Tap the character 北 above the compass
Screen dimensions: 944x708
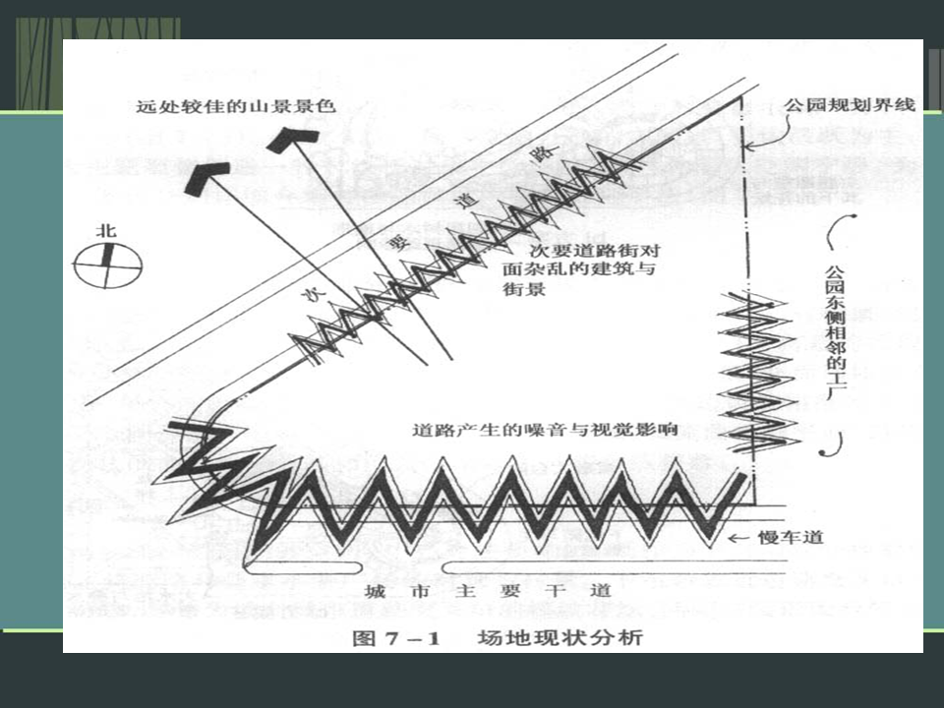pos(105,231)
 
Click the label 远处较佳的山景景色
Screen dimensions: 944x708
pos(236,105)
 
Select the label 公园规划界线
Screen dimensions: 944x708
pos(850,105)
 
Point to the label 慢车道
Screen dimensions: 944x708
pos(791,537)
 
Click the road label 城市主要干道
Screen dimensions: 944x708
pos(488,592)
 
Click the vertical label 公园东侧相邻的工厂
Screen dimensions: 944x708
pos(834,331)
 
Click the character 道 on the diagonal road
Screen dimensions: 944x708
pos(466,201)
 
